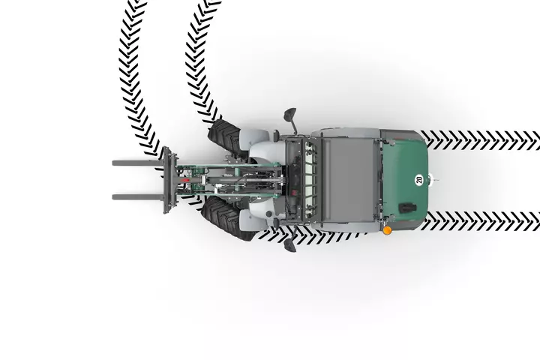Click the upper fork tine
click(x=136, y=163)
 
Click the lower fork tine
click(x=136, y=196)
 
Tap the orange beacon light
click(x=388, y=230)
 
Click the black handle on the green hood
click(x=407, y=208)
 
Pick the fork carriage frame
click(x=169, y=180)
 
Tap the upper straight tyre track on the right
click(x=480, y=139)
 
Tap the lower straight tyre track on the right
click(x=480, y=221)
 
